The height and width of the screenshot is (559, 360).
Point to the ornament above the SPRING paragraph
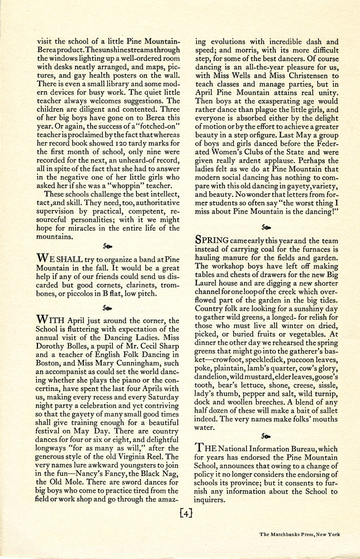(x=267, y=228)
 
